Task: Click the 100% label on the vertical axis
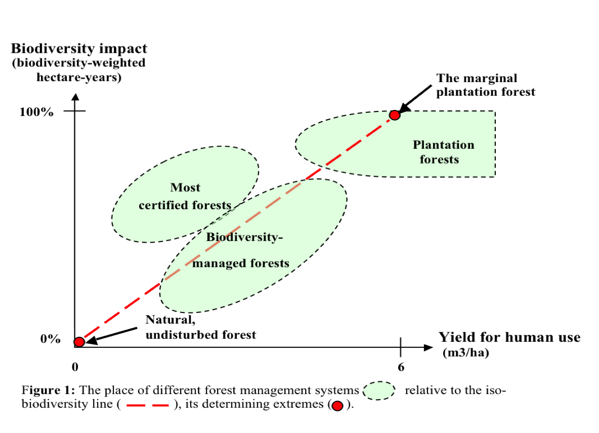(x=36, y=112)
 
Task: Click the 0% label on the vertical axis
(x=50, y=339)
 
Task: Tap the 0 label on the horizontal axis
(x=75, y=367)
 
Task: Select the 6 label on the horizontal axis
(x=401, y=367)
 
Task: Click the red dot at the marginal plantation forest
(x=395, y=115)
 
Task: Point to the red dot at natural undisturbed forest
(x=79, y=342)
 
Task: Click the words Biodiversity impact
(x=79, y=49)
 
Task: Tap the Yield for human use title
(x=509, y=337)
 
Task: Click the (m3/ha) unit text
(x=465, y=353)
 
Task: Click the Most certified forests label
(x=185, y=196)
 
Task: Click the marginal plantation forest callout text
(x=486, y=85)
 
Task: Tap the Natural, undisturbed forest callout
(x=200, y=327)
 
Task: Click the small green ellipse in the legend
(x=379, y=390)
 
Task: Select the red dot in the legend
(x=337, y=406)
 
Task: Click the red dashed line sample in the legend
(x=147, y=406)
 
